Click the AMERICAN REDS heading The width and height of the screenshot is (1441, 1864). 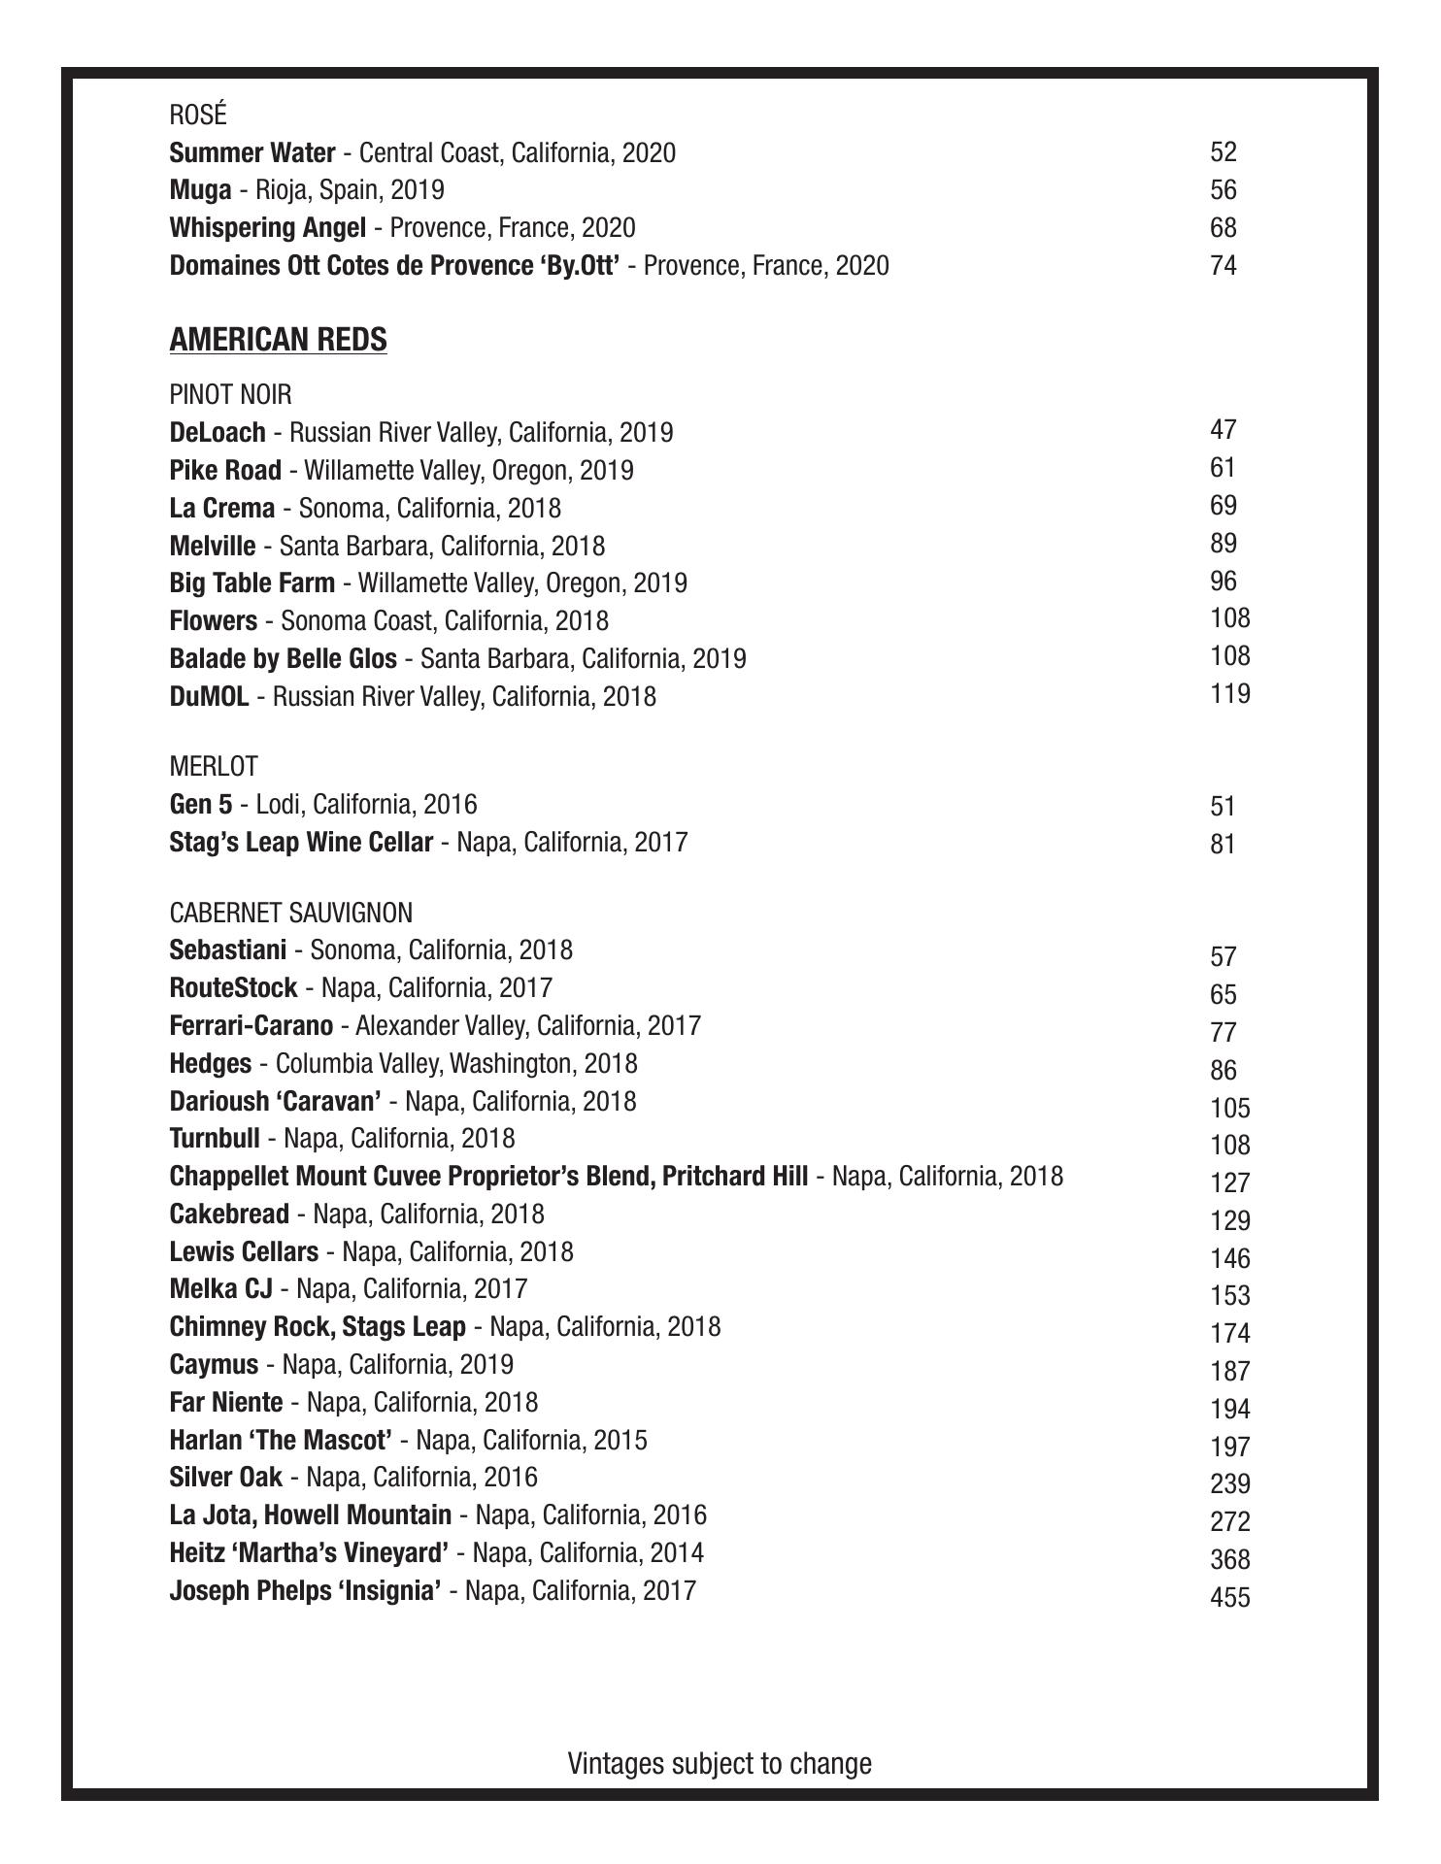click(278, 340)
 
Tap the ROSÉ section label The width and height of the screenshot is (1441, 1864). click(198, 115)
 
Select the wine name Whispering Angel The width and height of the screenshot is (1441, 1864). click(267, 228)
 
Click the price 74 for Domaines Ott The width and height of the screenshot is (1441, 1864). click(1223, 265)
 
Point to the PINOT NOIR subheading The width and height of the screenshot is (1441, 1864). click(230, 394)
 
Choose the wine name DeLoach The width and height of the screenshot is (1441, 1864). click(217, 432)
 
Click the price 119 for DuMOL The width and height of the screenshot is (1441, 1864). click(1230, 694)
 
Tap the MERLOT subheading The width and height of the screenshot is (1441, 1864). click(214, 767)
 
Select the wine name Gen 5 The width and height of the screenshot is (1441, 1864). click(200, 804)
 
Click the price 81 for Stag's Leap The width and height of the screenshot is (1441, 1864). click(1223, 844)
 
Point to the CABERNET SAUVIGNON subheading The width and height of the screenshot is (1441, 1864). click(290, 913)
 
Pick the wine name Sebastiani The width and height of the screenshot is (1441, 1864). click(227, 949)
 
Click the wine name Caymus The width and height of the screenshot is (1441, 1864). click(214, 1364)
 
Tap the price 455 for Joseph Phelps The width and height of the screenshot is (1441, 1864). click(1230, 1596)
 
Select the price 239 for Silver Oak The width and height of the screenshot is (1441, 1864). click(1230, 1483)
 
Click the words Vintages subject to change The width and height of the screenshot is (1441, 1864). click(720, 1763)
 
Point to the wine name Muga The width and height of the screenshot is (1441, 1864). click(200, 190)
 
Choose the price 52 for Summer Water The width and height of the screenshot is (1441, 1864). click(1223, 151)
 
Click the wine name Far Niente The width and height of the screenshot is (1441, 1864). click(225, 1402)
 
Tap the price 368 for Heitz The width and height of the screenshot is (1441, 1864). click(1230, 1559)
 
